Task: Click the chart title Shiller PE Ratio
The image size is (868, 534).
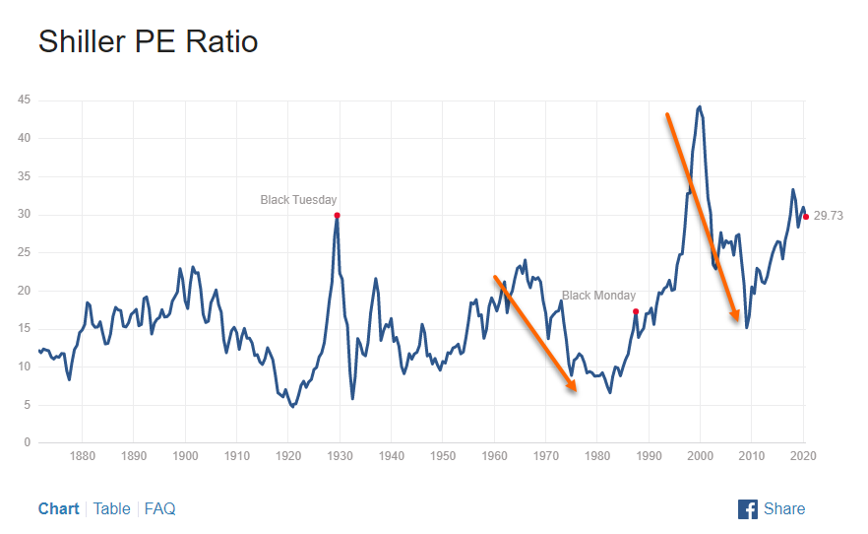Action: pyautogui.click(x=148, y=42)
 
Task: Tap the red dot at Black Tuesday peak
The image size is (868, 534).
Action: pyautogui.click(x=337, y=215)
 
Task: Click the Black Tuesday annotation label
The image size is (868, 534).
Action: pyautogui.click(x=298, y=200)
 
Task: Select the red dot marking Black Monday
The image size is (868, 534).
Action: pyautogui.click(x=636, y=311)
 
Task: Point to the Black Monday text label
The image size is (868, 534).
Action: pyautogui.click(x=598, y=296)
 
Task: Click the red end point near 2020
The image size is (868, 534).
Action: pyautogui.click(x=806, y=217)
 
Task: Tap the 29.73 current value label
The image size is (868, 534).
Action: pyautogui.click(x=829, y=217)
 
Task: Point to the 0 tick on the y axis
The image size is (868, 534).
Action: pyautogui.click(x=27, y=442)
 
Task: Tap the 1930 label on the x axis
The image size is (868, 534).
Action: pyautogui.click(x=340, y=456)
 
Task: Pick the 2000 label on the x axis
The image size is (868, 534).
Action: pyautogui.click(x=700, y=456)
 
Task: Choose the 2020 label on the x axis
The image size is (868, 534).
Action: pyautogui.click(x=803, y=456)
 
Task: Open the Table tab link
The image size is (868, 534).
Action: pyautogui.click(x=111, y=508)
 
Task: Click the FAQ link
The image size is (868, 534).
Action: pyautogui.click(x=159, y=508)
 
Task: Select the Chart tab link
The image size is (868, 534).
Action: pyautogui.click(x=59, y=508)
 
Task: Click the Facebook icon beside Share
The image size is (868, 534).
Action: pyautogui.click(x=748, y=508)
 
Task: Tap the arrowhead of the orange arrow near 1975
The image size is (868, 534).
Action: pyautogui.click(x=573, y=387)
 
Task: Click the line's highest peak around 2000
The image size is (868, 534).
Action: pyautogui.click(x=699, y=106)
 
